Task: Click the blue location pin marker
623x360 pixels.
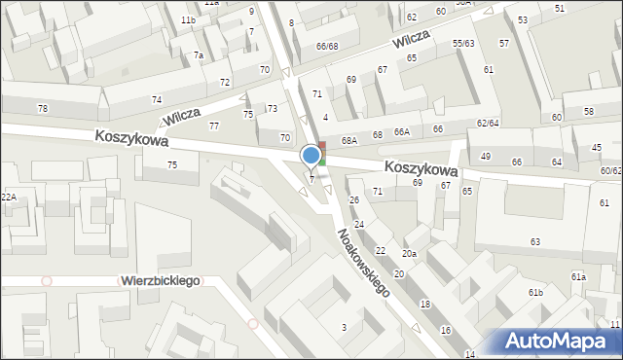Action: point(311,156)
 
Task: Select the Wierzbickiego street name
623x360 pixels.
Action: point(161,280)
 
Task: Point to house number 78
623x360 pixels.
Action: point(42,108)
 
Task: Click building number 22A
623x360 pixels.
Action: point(8,198)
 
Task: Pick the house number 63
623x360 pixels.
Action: point(535,240)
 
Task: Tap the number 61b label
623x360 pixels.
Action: point(535,292)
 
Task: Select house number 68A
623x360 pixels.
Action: point(349,141)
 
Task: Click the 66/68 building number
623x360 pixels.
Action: point(327,46)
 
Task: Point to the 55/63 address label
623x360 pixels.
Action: point(463,44)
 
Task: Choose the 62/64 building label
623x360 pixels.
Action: point(488,123)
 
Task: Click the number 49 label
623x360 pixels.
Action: point(486,157)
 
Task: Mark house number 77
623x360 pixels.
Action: point(214,126)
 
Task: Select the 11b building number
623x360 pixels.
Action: point(188,20)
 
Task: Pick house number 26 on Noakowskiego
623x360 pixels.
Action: point(354,200)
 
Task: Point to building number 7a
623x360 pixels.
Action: point(198,55)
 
